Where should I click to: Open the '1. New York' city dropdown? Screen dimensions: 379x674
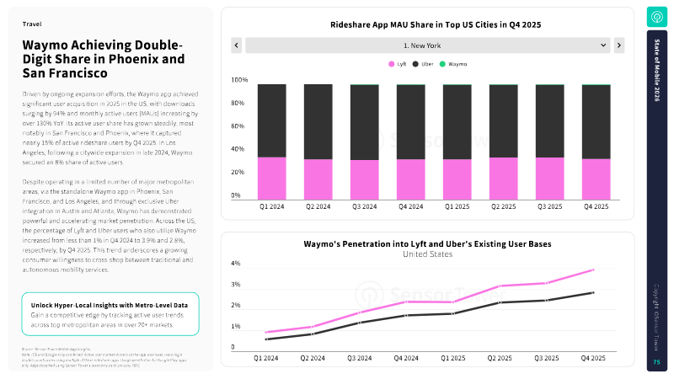(x=428, y=45)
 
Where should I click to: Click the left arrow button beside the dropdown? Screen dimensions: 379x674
(x=237, y=45)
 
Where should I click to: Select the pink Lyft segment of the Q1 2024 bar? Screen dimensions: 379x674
(x=271, y=178)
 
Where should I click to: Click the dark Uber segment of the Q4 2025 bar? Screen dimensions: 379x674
(x=596, y=121)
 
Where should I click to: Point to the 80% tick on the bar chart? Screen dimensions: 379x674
(x=239, y=104)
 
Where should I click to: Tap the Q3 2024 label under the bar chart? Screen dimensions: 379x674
(x=364, y=206)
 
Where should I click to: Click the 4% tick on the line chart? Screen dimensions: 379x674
(x=236, y=264)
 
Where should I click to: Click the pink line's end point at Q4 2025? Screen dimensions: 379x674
(x=593, y=270)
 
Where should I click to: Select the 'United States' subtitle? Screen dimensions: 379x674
(x=427, y=254)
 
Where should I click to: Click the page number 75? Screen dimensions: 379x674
(x=656, y=362)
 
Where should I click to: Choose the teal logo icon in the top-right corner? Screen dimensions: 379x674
(x=656, y=17)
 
